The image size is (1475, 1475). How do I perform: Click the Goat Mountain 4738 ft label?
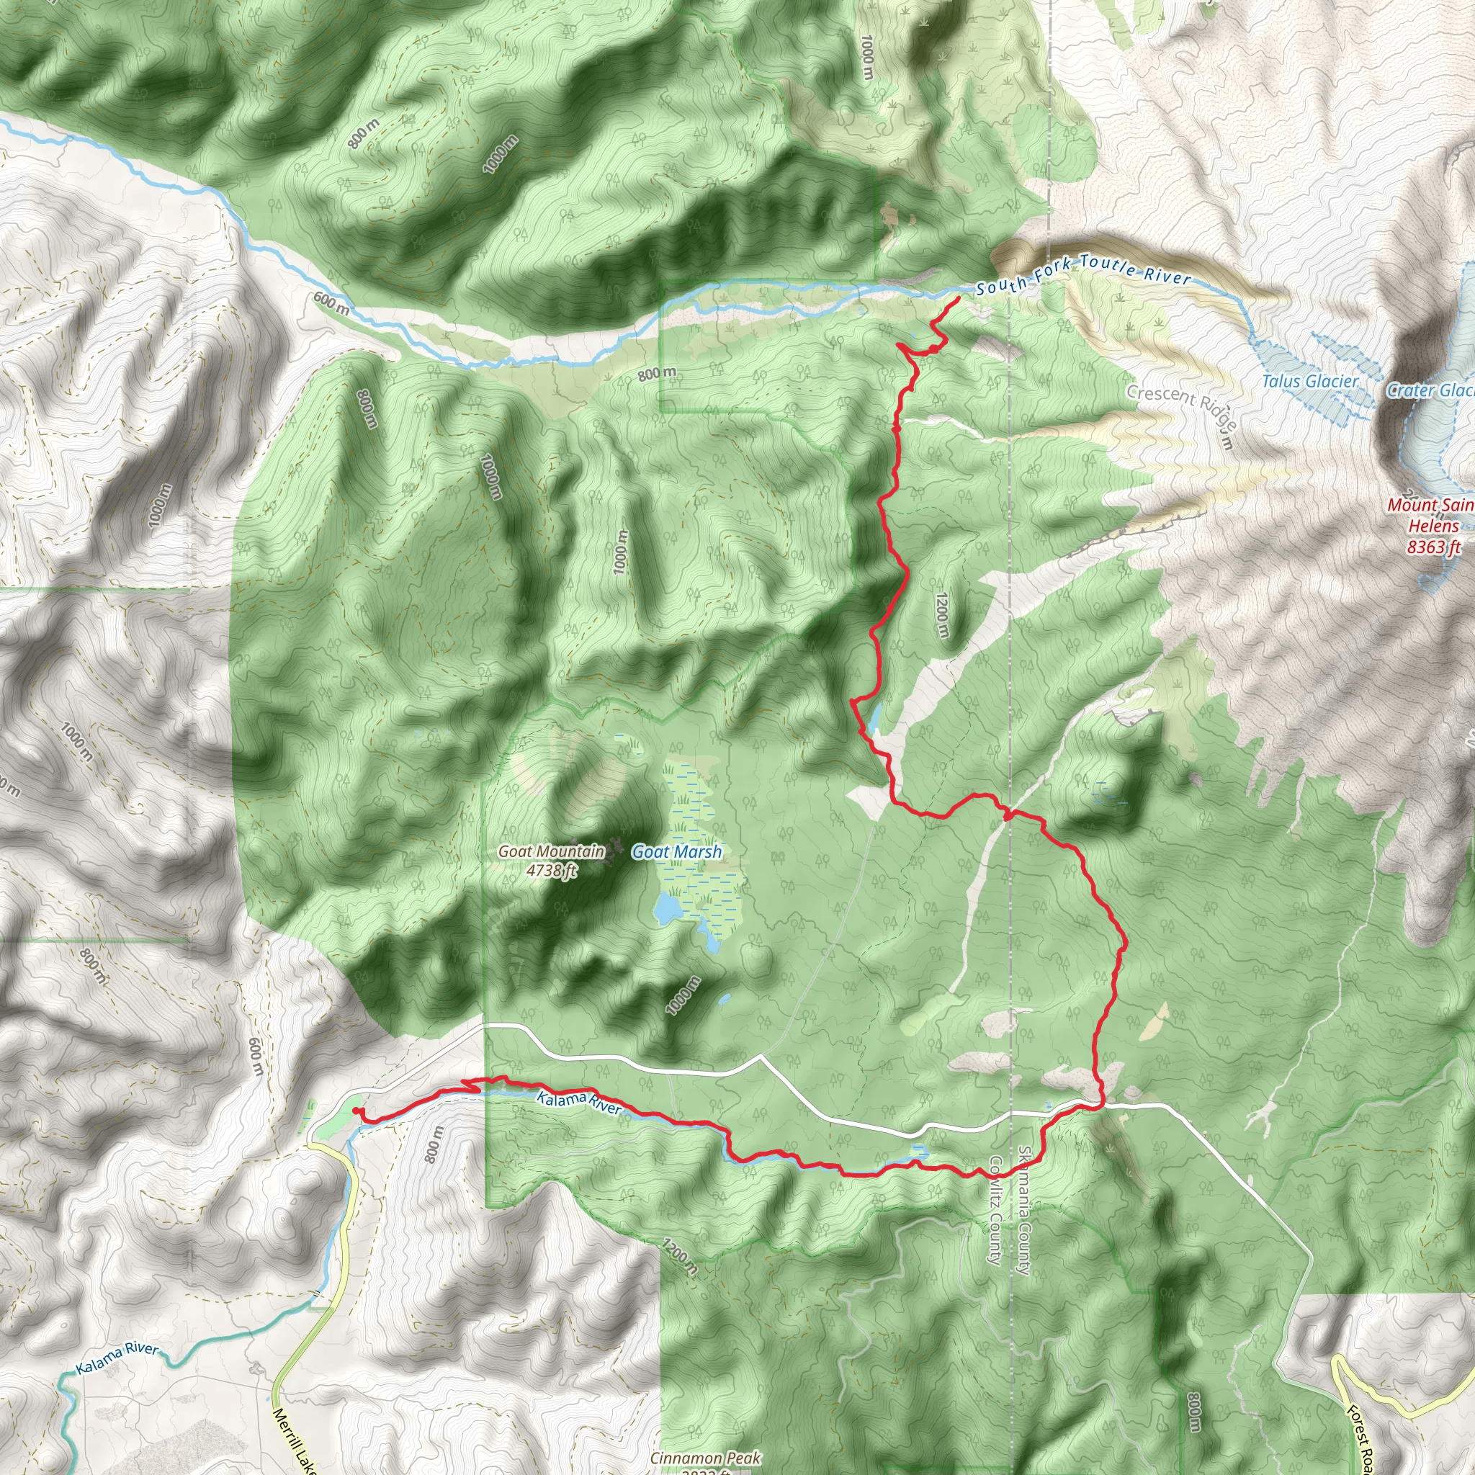551,861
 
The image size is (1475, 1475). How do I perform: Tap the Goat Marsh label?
676,852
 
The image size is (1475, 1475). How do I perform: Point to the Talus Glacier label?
1310,381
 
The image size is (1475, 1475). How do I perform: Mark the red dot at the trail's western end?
357,1111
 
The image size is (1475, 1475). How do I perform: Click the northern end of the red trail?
958,297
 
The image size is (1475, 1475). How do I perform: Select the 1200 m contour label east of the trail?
942,614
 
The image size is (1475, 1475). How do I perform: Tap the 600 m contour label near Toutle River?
331,303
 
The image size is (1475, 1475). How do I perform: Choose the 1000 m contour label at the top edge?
866,58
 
